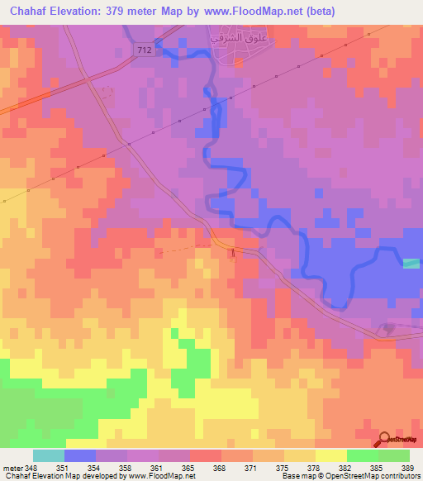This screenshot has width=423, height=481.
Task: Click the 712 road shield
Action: [x=144, y=50]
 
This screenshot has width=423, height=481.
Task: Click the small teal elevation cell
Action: [x=411, y=263]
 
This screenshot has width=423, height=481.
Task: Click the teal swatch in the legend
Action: [x=48, y=455]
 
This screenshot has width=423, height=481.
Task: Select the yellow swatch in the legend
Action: [x=330, y=455]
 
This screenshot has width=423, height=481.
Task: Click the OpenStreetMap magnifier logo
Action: [x=385, y=440]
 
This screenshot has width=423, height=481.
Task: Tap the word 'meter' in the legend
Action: [x=13, y=468]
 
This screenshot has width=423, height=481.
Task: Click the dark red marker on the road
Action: [x=233, y=251]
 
